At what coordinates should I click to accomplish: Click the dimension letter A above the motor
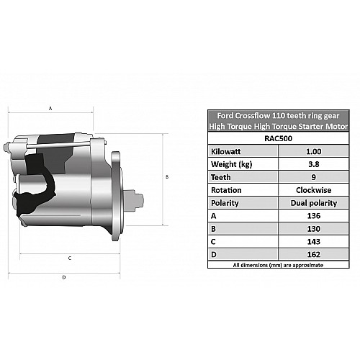click(x=50, y=109)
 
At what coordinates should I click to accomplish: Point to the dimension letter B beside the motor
click(x=167, y=177)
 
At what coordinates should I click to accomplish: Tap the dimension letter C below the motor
click(x=70, y=258)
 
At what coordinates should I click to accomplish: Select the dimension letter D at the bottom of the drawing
click(x=64, y=277)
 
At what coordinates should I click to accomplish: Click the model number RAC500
click(x=278, y=138)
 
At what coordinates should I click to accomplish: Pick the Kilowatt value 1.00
click(x=313, y=151)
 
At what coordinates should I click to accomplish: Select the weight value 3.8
click(x=313, y=164)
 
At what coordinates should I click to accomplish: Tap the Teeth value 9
click(x=313, y=177)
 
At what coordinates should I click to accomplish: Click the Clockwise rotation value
click(x=313, y=190)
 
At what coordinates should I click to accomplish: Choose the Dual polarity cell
click(x=313, y=203)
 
